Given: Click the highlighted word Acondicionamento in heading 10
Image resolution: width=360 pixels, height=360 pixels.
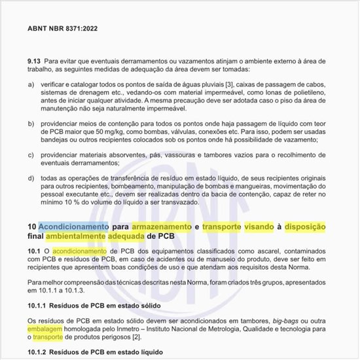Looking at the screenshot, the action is coord(73,226).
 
